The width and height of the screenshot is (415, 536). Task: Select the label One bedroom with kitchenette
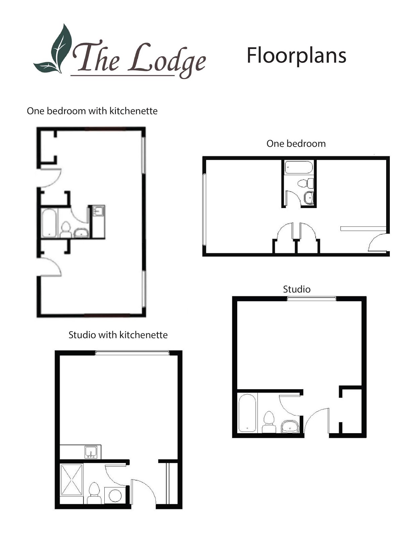point(92,111)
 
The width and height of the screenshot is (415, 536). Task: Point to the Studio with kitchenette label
point(118,335)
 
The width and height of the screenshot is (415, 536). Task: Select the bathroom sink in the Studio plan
point(290,426)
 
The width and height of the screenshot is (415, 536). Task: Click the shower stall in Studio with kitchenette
point(71,480)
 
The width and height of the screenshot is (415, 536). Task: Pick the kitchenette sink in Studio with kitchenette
point(91,452)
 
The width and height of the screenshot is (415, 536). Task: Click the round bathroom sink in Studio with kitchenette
point(115,495)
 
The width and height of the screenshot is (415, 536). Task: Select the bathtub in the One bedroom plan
point(299,167)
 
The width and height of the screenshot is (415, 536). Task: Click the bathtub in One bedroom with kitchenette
point(49,223)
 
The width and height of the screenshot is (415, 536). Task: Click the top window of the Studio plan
point(312,298)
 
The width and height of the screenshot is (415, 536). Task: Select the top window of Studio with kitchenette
point(132,353)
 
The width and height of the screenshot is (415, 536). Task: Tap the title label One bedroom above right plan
point(296,144)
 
